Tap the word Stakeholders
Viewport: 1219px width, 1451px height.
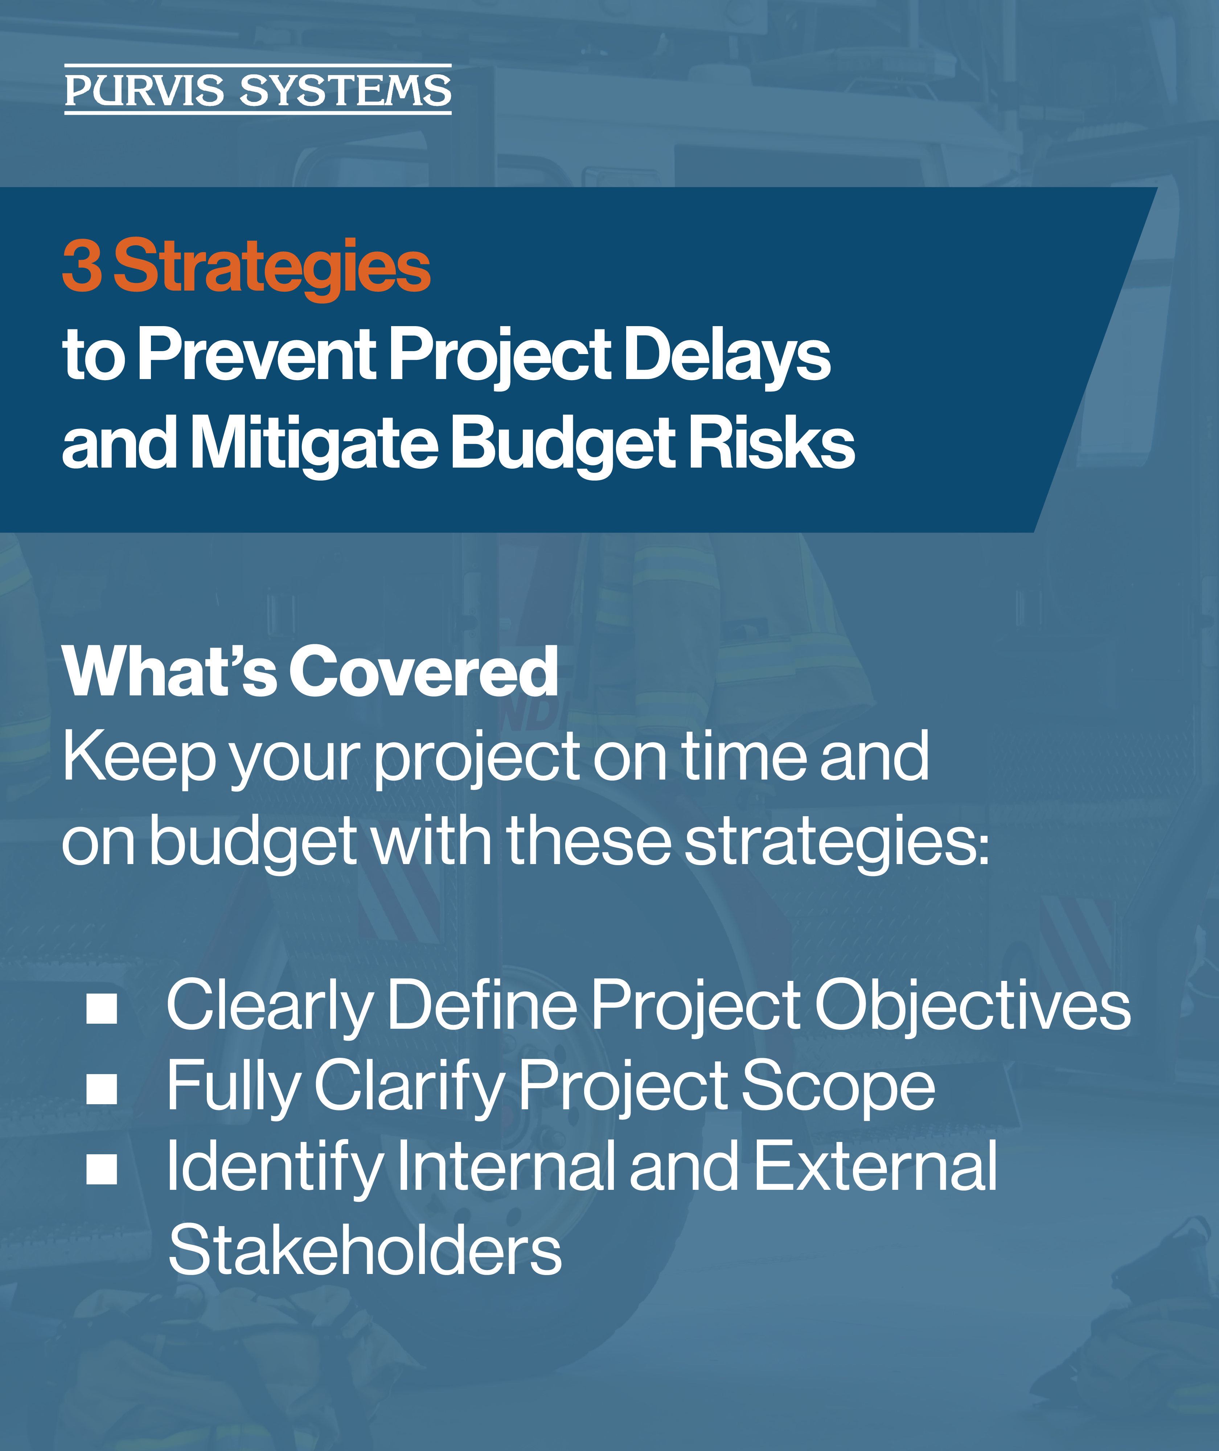pos(365,1249)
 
